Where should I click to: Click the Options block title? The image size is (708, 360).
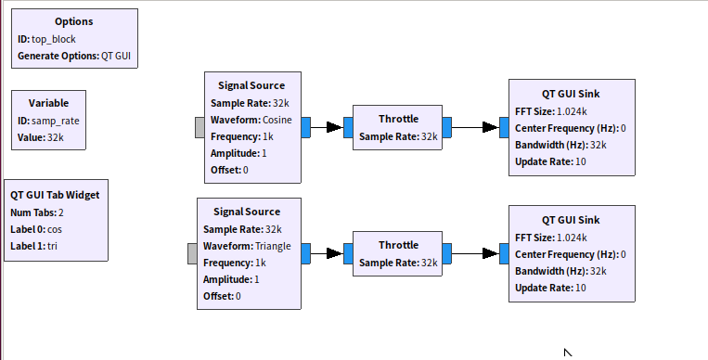point(74,21)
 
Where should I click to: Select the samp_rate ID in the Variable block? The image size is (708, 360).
point(55,121)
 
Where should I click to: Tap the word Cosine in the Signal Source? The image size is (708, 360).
point(277,120)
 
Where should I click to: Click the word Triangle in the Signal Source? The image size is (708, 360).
point(273,246)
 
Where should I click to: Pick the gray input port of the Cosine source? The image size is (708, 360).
point(200,127)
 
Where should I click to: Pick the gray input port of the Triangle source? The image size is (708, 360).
point(192,253)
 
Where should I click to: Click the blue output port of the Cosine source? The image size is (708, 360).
point(305,127)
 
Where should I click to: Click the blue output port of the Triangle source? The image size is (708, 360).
point(305,253)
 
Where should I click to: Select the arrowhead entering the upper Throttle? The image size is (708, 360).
point(335,127)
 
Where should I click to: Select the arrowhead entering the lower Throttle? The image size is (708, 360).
point(335,253)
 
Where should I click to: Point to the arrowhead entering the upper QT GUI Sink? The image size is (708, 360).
point(491,127)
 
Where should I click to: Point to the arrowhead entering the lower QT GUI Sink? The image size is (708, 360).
point(491,253)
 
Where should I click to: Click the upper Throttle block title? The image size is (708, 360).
point(398,119)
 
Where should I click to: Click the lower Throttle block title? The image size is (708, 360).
point(398,245)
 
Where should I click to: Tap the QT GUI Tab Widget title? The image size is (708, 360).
point(55,195)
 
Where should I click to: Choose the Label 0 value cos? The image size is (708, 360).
point(55,229)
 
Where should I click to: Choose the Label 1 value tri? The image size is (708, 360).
point(52,246)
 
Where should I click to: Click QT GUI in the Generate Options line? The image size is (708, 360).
point(116,56)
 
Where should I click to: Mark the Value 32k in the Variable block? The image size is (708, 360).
point(56,137)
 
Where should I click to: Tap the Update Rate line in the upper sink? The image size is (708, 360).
point(550,161)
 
